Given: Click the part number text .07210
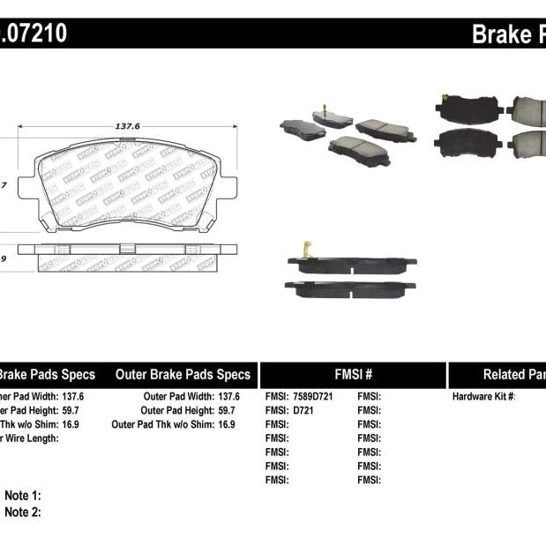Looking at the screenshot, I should tap(34, 34).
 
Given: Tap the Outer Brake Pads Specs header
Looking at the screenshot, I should tap(183, 374).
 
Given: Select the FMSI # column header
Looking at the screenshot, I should tap(353, 374).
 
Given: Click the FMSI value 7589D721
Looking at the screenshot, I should tap(313, 397).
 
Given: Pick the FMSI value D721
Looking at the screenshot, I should tap(304, 410).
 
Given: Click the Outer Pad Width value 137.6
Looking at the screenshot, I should tap(228, 397).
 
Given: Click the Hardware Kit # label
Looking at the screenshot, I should tap(483, 397).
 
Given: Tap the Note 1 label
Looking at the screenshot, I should tap(23, 496).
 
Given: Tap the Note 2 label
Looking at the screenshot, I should tap(23, 512).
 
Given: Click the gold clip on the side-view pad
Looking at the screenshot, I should tap(308, 251).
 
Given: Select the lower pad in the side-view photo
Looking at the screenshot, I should tap(350, 288).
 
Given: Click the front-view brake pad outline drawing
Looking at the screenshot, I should tap(127, 185).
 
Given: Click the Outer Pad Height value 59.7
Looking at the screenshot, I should tap(228, 410).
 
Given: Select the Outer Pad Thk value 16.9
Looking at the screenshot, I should tap(228, 424).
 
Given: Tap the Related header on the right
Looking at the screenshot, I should tap(512, 374).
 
